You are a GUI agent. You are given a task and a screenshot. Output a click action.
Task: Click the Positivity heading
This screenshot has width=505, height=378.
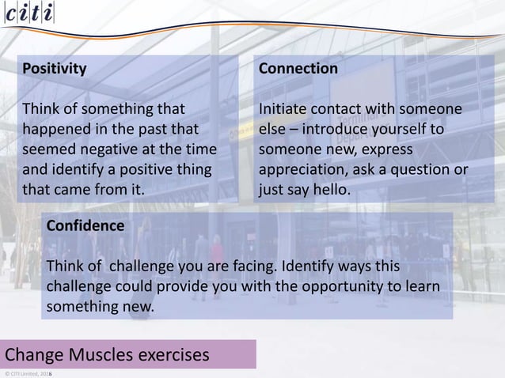[55, 68]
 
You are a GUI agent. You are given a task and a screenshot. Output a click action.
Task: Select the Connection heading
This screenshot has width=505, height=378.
[298, 68]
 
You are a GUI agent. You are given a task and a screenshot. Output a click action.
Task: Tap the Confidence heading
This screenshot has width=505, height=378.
[85, 225]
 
